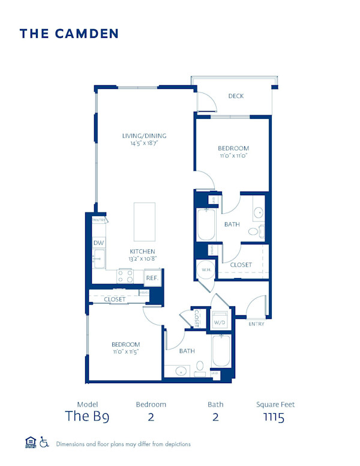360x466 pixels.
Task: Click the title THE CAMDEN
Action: [x=69, y=34]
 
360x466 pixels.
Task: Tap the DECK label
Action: [x=236, y=96]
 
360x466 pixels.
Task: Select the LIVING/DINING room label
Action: [x=144, y=136]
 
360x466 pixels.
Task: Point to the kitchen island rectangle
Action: [x=144, y=222]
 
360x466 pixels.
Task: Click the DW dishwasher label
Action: [x=99, y=243]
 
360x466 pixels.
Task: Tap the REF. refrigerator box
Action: [x=151, y=278]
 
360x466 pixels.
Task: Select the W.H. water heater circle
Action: [x=206, y=270]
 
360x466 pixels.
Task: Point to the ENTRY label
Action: [x=256, y=324]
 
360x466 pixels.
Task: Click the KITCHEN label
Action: [x=143, y=252]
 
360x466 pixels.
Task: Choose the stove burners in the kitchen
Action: [x=125, y=276]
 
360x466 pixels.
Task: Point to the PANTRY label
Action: [x=99, y=220]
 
